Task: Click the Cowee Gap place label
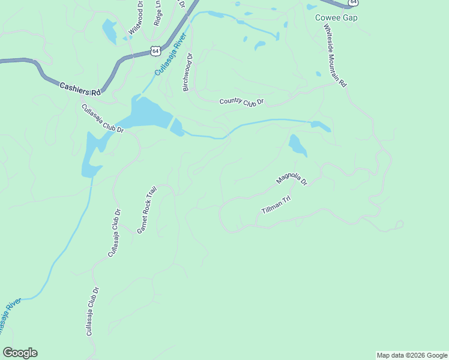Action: point(336,17)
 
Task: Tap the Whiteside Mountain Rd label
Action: point(335,56)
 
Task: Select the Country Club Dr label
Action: point(241,103)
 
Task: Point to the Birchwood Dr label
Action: point(187,73)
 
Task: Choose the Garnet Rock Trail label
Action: point(146,209)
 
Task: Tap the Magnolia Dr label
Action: point(291,179)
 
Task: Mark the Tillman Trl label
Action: point(276,205)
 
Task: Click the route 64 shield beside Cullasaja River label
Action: point(155,51)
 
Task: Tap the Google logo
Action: point(20,353)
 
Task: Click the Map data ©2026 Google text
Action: point(411,355)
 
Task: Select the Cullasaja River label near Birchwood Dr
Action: point(171,54)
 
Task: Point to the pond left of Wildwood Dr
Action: point(110,31)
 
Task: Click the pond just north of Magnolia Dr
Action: point(297,145)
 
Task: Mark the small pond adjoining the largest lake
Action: point(177,127)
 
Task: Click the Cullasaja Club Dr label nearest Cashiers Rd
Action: point(102,119)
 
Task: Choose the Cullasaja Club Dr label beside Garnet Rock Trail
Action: point(114,233)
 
